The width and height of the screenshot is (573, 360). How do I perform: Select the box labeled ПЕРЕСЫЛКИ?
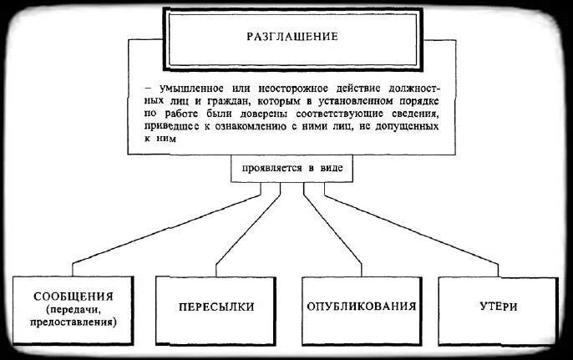click(x=216, y=307)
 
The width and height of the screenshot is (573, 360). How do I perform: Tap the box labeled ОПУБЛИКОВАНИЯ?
click(x=361, y=307)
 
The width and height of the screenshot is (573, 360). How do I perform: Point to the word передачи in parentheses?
click(x=73, y=309)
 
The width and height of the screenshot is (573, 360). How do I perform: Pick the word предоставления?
click(x=73, y=321)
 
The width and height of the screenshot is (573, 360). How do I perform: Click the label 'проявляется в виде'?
click(x=292, y=168)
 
